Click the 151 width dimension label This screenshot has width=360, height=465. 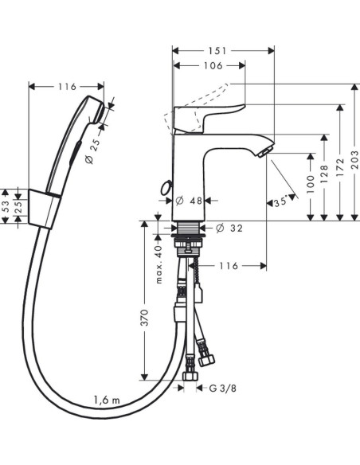tap(217, 51)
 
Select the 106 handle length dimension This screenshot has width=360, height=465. tap(213, 65)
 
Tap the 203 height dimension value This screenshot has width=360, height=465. tap(354, 159)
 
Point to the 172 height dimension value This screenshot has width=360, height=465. tap(340, 167)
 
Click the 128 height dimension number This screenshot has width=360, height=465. tap(325, 174)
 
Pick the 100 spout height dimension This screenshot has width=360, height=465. tap(311, 185)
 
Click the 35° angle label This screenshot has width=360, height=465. tap(280, 202)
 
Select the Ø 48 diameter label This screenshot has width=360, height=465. tap(189, 201)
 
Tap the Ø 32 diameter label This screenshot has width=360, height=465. tap(229, 228)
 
